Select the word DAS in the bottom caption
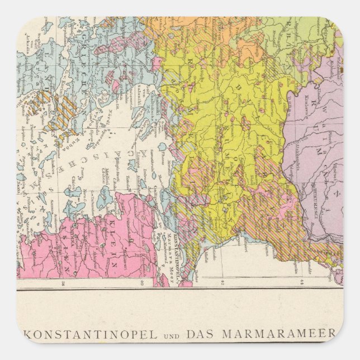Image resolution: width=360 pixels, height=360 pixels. click(x=200, y=334)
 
